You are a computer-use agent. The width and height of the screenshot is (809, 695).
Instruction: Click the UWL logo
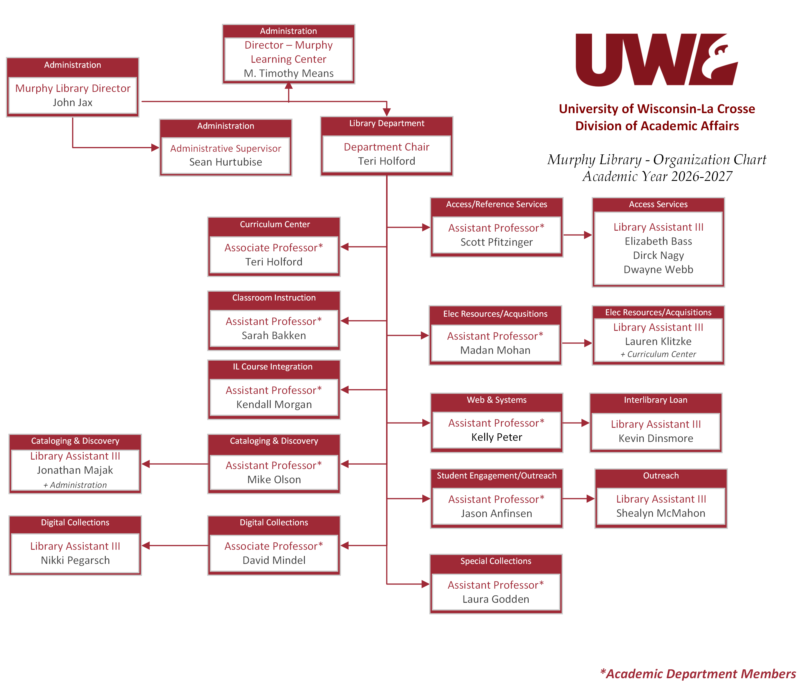(657, 60)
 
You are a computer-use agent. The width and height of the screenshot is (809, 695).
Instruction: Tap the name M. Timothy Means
(289, 73)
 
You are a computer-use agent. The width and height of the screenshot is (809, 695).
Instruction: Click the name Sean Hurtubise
(226, 162)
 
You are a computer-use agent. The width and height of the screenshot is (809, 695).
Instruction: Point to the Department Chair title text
(387, 147)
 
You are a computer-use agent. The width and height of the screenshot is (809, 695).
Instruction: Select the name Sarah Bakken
(274, 336)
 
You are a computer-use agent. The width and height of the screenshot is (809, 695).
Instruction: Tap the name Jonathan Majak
(75, 471)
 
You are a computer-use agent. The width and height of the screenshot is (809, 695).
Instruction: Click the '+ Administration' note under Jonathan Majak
(75, 485)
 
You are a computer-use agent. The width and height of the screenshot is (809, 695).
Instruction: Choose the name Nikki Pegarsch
(75, 561)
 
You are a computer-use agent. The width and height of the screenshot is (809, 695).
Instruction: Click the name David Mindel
(274, 561)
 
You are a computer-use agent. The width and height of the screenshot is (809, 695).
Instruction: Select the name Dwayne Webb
(658, 270)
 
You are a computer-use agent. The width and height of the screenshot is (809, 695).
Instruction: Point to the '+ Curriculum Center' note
(658, 354)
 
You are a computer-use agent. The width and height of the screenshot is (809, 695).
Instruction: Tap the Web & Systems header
(497, 400)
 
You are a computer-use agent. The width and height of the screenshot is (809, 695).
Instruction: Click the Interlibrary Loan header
(656, 400)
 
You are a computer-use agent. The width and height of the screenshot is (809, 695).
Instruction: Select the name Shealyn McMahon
(661, 513)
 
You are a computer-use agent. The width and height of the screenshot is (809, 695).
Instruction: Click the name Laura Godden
(496, 599)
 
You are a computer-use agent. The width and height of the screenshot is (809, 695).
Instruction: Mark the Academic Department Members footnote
(698, 674)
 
